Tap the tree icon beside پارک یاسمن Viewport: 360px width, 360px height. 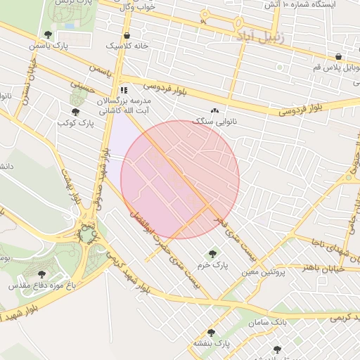[x=48, y=34]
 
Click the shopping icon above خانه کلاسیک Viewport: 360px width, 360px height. [x=127, y=35]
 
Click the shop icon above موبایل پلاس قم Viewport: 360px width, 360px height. [x=338, y=57]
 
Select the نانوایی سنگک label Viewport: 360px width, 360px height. [x=214, y=121]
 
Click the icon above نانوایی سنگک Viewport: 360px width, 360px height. [x=214, y=110]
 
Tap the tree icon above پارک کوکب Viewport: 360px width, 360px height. [x=75, y=112]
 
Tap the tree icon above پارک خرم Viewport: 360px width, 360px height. [x=212, y=254]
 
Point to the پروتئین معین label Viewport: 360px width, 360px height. [x=263, y=272]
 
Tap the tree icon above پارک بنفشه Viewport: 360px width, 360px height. [x=211, y=333]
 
